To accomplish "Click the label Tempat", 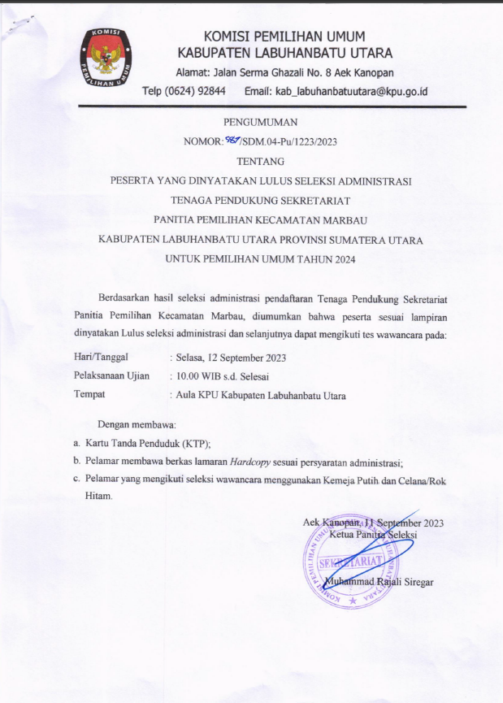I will coord(90,396).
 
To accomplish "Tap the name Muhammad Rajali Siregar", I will coord(379,582).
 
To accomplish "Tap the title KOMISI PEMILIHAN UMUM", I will coord(284,36).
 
